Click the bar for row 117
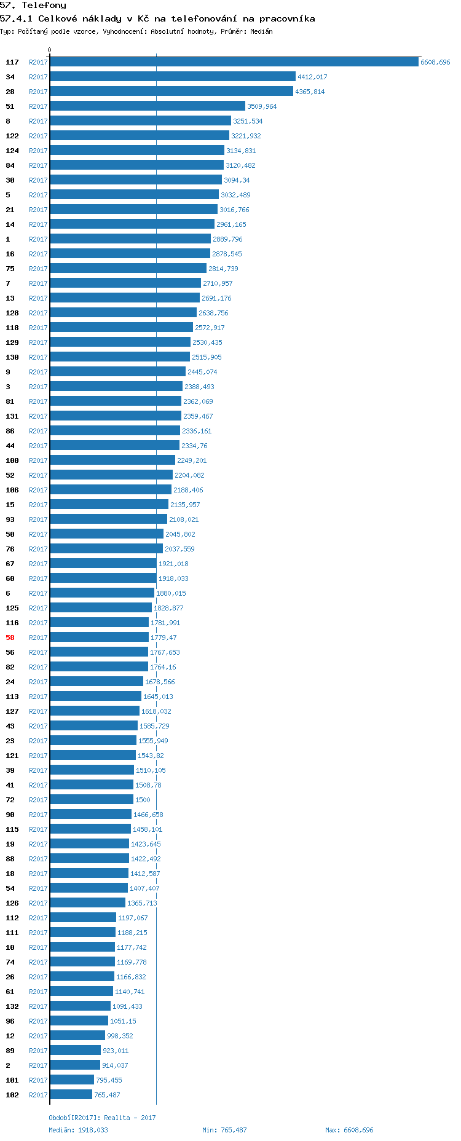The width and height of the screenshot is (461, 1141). click(234, 62)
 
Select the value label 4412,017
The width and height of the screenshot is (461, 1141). click(312, 77)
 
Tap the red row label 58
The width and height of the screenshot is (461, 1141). click(10, 638)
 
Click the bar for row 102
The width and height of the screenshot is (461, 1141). click(71, 1095)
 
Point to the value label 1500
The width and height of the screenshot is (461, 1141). click(143, 800)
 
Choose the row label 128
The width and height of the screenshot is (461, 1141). click(12, 313)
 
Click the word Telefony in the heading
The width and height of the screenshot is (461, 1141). click(44, 6)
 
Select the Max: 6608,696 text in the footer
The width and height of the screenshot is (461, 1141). click(349, 1130)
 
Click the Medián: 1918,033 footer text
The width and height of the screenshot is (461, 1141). click(78, 1130)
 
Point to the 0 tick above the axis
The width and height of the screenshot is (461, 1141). click(50, 50)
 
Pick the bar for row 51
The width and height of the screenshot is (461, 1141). click(148, 106)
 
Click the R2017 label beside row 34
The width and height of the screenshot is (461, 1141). click(38, 77)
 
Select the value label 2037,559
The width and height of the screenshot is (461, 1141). click(179, 549)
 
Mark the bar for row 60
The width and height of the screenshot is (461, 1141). click(103, 578)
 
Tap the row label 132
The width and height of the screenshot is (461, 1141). click(12, 1006)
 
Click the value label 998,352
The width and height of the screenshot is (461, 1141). click(120, 1036)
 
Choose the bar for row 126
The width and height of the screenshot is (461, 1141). click(88, 903)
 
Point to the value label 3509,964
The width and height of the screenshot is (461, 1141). click(262, 106)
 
